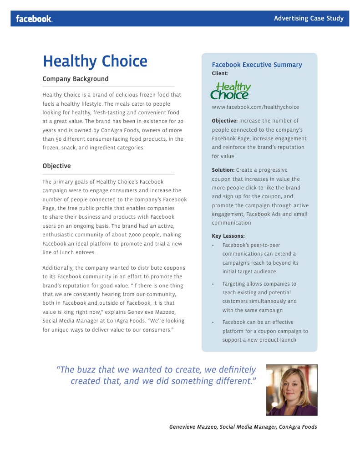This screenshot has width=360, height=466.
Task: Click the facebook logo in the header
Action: [x=34, y=19]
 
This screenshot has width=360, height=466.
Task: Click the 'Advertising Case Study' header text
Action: [x=309, y=19]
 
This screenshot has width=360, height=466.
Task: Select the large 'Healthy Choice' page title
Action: [x=95, y=61]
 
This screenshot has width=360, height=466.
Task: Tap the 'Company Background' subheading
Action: [x=76, y=79]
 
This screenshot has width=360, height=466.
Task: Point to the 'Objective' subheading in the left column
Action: [x=56, y=166]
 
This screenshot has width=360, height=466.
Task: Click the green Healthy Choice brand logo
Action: [x=231, y=90]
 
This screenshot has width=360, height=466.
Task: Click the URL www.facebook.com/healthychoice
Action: [x=255, y=107]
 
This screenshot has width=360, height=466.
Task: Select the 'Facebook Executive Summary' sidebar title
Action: [x=257, y=65]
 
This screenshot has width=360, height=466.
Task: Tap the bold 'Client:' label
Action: [x=220, y=73]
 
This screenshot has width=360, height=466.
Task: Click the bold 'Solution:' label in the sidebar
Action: [x=223, y=170]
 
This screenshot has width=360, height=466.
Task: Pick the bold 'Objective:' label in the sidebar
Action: [x=224, y=121]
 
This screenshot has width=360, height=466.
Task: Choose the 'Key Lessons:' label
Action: [x=228, y=236]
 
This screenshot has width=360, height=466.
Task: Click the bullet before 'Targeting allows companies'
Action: [x=213, y=284]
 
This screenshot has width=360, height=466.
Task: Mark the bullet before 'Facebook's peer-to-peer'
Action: [x=213, y=245]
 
